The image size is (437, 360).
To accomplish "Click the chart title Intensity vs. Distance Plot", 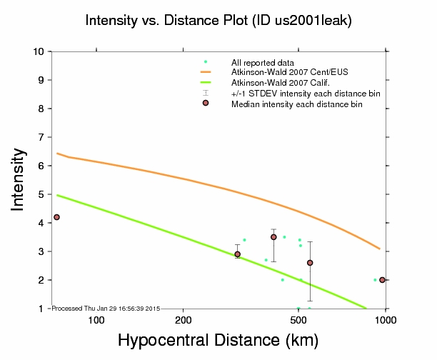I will click(218, 21).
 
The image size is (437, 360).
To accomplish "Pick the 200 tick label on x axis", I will click(184, 319).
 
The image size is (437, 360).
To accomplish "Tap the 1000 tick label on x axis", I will click(386, 319).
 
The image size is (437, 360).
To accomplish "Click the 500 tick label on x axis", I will click(299, 319).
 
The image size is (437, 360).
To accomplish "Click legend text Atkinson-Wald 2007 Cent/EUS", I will click(278, 73).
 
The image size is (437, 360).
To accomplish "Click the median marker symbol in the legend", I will click(206, 104).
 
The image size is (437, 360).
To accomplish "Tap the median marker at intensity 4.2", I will click(56, 217).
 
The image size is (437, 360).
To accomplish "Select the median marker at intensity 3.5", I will click(273, 237).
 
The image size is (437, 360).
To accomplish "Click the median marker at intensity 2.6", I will click(310, 263).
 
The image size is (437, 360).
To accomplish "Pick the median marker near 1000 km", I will click(383, 280).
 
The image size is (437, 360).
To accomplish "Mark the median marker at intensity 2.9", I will click(238, 254).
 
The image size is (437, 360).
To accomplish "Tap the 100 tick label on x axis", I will click(96, 319).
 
